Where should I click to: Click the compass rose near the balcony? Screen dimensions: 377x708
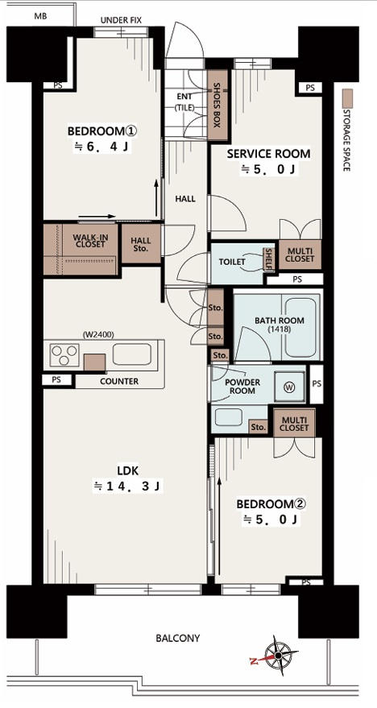pyautogui.click(x=279, y=655)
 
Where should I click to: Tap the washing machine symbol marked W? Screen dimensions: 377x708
pyautogui.click(x=288, y=387)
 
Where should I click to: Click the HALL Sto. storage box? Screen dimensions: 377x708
pyautogui.click(x=141, y=244)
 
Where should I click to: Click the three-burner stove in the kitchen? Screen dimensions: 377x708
pyautogui.click(x=64, y=354)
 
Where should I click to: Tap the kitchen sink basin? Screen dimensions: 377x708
pyautogui.click(x=132, y=354)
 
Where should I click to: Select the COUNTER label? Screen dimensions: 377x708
pyautogui.click(x=119, y=382)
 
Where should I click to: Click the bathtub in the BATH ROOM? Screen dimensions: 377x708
pyautogui.click(x=300, y=326)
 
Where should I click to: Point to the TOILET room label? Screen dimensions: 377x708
pyautogui.click(x=232, y=262)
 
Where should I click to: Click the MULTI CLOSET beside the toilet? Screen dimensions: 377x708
pyautogui.click(x=300, y=255)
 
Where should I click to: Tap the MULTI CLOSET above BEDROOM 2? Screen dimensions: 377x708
pyautogui.click(x=294, y=423)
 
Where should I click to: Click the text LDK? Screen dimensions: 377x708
pyautogui.click(x=128, y=471)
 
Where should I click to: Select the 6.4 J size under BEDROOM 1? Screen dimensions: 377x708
pyautogui.click(x=101, y=147)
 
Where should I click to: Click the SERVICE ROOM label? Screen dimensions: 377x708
pyautogui.click(x=268, y=154)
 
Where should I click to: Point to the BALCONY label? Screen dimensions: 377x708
pyautogui.click(x=177, y=639)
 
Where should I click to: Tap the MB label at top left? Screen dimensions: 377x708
pyautogui.click(x=40, y=17)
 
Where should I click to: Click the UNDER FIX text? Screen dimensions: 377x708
pyautogui.click(x=121, y=20)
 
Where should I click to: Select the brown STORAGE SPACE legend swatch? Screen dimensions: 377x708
pyautogui.click(x=347, y=98)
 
